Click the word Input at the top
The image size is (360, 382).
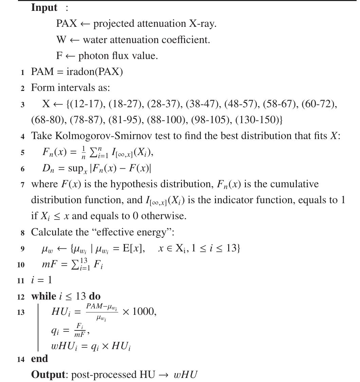coord(44,8)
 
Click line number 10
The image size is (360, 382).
coord(21,265)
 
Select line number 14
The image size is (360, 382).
coord(21,359)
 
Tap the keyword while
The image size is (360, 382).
coord(43,296)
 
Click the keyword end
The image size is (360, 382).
coord(39,359)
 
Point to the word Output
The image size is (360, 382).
coord(48,375)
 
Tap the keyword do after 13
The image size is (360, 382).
coord(94,296)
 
